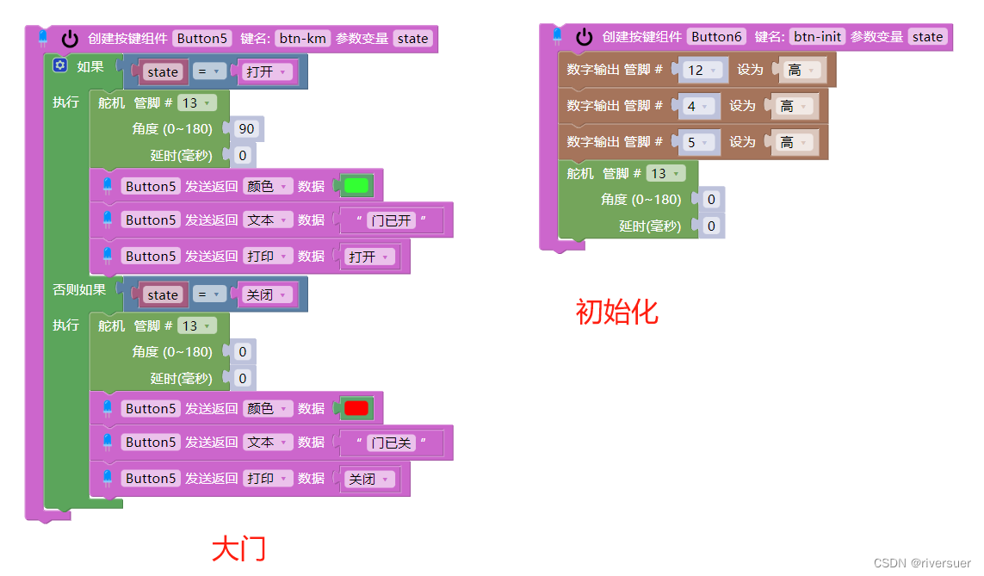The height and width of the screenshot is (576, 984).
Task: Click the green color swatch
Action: [356, 185]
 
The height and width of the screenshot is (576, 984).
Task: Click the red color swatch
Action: [356, 408]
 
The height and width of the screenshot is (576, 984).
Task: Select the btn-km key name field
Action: [302, 38]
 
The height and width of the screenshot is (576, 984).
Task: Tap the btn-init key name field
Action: [817, 36]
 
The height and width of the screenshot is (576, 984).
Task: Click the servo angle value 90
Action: [247, 129]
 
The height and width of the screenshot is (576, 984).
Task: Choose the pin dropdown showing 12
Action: [702, 70]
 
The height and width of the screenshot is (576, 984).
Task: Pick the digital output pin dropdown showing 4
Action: [697, 106]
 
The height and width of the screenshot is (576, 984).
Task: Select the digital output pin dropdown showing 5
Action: [697, 142]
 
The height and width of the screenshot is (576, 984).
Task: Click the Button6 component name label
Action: [716, 36]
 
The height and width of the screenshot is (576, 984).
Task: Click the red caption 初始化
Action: [616, 312]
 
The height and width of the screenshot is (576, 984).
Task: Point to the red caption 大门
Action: [238, 548]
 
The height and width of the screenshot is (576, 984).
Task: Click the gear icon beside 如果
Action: [60, 65]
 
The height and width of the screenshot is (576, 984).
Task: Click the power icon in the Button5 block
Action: [70, 39]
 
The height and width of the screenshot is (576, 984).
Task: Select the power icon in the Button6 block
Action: [585, 36]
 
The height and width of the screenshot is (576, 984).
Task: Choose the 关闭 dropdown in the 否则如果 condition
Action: [269, 294]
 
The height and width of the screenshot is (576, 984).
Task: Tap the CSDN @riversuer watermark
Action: [922, 562]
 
